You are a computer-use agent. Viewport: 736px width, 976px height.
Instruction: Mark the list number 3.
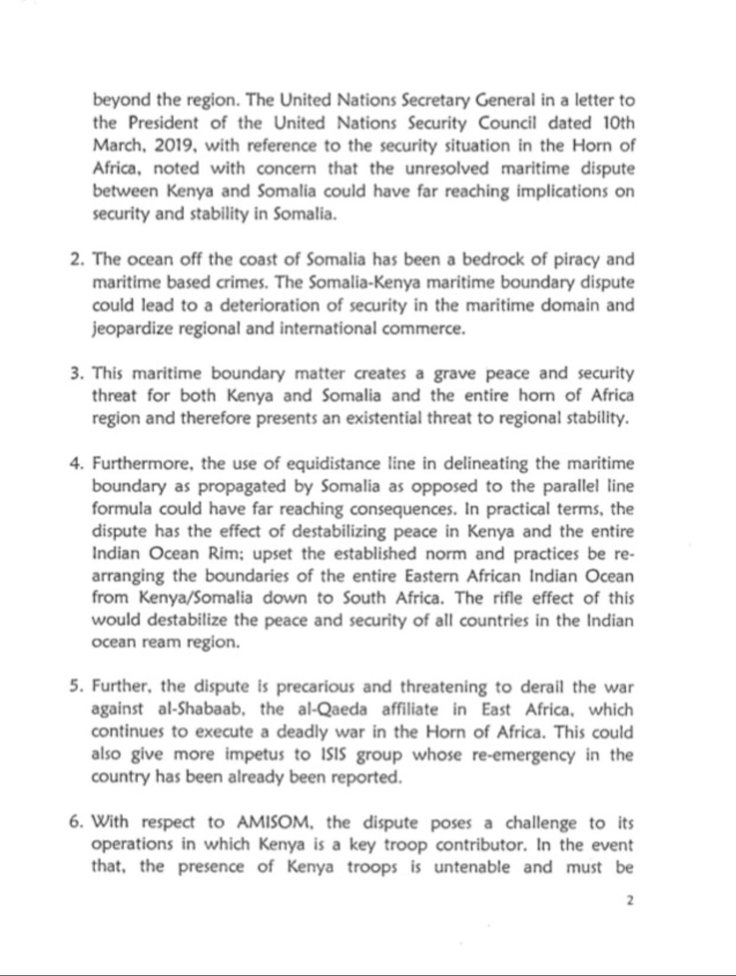[x=75, y=374]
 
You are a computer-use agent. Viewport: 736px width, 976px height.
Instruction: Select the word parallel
[x=567, y=487]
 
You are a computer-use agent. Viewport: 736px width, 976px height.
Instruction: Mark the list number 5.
[x=75, y=687]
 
